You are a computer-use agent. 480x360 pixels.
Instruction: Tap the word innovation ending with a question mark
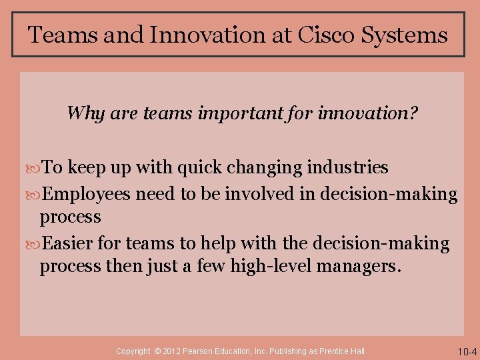pos(369,113)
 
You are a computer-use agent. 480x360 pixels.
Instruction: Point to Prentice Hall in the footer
pos(343,351)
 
